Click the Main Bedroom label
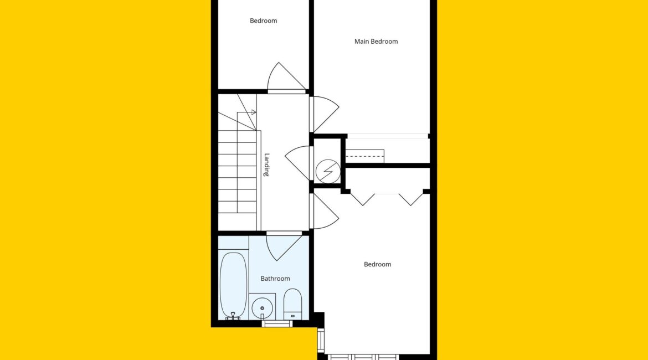(x=376, y=42)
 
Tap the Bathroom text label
(x=275, y=279)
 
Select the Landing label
(x=266, y=165)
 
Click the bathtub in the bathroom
(x=234, y=285)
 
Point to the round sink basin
(x=262, y=308)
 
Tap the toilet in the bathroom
(x=292, y=304)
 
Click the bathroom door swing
(x=284, y=246)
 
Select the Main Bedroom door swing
(x=325, y=114)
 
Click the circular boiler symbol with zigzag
(x=328, y=171)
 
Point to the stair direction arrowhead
(x=254, y=112)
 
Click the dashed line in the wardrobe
(x=365, y=156)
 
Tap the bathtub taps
(x=233, y=316)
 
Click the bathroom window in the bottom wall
(x=277, y=323)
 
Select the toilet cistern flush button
(x=292, y=316)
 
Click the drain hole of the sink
(x=262, y=308)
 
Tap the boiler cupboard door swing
(x=297, y=162)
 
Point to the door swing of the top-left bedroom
(x=287, y=78)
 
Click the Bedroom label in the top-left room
(x=263, y=20)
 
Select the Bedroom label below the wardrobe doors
(x=377, y=264)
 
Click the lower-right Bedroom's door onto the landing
(x=325, y=211)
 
